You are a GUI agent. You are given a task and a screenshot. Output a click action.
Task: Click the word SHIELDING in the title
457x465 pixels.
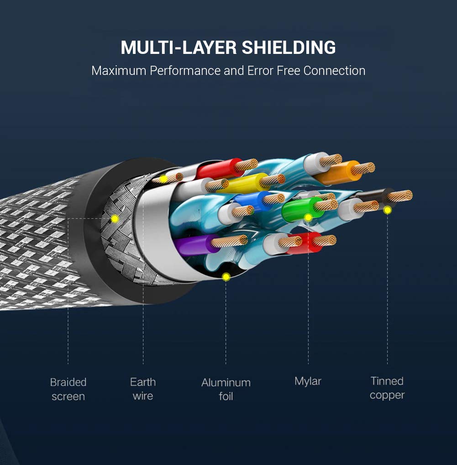coord(289,48)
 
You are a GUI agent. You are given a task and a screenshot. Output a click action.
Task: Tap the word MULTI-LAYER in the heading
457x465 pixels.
coord(179,48)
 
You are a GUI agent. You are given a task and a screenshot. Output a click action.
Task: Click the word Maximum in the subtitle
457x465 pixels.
coord(119,71)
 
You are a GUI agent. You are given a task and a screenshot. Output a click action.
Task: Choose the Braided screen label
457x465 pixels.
coord(68,389)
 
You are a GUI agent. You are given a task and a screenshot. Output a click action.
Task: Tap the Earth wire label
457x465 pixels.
coord(143,389)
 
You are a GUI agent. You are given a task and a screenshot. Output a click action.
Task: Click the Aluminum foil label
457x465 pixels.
coord(226,389)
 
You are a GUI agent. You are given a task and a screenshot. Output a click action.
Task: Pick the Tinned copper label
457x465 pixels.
coord(387,388)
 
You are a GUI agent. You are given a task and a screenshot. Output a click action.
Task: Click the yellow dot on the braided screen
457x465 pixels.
coord(115,219)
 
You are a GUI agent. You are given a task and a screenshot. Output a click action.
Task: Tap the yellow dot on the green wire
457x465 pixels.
coord(308,218)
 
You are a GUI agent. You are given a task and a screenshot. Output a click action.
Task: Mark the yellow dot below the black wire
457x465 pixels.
coord(387,210)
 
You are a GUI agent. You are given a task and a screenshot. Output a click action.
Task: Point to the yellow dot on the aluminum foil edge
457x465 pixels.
coord(226,277)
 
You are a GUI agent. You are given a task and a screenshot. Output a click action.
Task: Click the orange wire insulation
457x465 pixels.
coord(338,173)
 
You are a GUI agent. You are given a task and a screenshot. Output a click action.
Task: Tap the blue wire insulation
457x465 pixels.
coord(252,201)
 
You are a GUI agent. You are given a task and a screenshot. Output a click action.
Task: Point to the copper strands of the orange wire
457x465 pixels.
coord(363,168)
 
